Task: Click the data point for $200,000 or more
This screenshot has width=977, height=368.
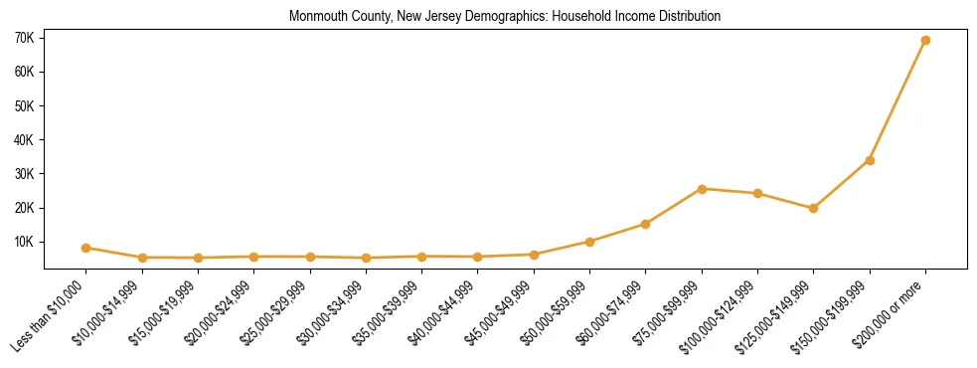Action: coord(925,41)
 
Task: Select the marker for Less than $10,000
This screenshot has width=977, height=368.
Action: coord(86,248)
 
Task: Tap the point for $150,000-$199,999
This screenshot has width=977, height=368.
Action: coord(870,160)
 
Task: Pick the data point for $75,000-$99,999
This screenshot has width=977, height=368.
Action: coord(702,189)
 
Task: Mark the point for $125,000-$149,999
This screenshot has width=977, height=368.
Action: coord(813,208)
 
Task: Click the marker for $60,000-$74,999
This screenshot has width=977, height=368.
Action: coord(646,224)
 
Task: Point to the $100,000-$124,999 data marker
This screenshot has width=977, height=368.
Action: coord(757,193)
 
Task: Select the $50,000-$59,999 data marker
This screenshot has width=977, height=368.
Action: coord(589,242)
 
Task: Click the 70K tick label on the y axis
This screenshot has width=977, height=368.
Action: coord(25,38)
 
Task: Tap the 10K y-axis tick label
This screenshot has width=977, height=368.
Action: coord(25,242)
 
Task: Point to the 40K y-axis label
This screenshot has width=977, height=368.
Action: coord(25,140)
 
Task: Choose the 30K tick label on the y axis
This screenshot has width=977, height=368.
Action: coord(25,174)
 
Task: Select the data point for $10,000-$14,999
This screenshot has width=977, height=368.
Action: coord(142,258)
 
